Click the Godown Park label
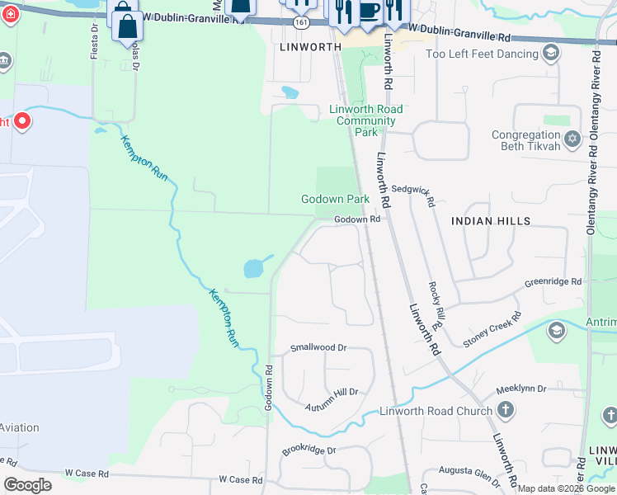tap(335, 199)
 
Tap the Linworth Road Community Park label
tap(365, 120)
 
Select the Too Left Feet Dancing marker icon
tap(551, 54)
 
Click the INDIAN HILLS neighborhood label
tap(491, 221)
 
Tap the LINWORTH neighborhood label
tap(311, 48)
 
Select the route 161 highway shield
tap(302, 24)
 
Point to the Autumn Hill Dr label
tap(332, 393)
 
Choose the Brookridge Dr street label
tap(309, 450)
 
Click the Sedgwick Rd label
tap(412, 190)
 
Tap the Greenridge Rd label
tap(553, 282)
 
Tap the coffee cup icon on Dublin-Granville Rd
tap(369, 10)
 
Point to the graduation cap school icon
tap(557, 331)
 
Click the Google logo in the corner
tap(27, 485)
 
